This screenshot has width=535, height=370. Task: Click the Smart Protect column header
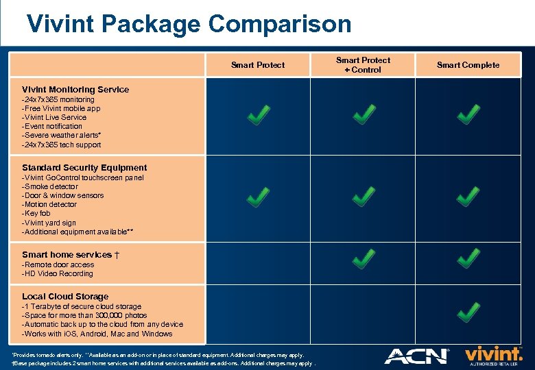(x=258, y=65)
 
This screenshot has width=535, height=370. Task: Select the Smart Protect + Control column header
(x=363, y=65)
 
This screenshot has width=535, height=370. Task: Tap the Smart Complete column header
(x=468, y=65)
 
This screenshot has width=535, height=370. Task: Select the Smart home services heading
(x=71, y=255)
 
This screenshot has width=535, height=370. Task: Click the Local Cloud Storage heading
(x=65, y=297)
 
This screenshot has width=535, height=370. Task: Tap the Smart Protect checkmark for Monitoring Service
(x=258, y=115)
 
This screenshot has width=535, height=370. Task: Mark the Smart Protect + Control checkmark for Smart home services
(x=363, y=259)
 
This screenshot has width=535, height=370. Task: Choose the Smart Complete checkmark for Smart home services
(x=468, y=259)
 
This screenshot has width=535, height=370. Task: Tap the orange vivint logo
(x=494, y=354)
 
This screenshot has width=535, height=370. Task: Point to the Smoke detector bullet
(x=50, y=186)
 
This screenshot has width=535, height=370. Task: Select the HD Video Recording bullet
(x=58, y=274)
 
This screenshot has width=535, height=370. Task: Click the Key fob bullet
(x=36, y=214)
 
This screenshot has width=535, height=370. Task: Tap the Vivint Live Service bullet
(x=54, y=117)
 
